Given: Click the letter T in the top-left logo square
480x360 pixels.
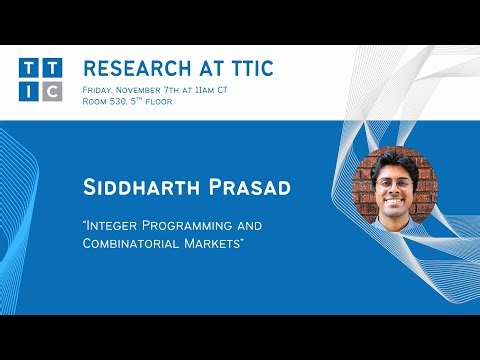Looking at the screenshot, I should (x=29, y=69).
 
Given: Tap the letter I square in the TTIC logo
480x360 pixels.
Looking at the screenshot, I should (x=29, y=91).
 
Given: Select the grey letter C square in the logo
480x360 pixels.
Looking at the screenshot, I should (x=52, y=91).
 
